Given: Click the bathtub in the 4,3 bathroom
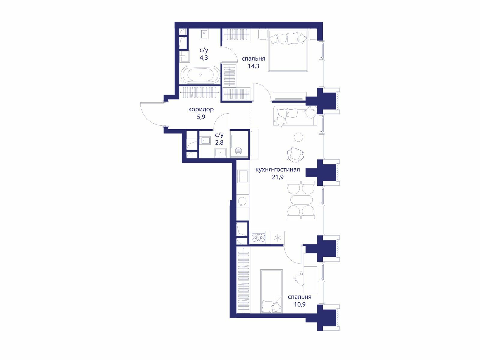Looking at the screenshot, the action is click(200, 75).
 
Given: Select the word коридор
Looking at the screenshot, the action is click(201, 109).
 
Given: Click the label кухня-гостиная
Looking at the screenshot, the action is click(277, 169).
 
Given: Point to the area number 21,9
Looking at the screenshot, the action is click(278, 177).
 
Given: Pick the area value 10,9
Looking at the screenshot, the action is click(300, 304).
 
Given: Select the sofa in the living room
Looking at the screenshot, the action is click(295, 116).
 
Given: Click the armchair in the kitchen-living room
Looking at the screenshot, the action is click(295, 155).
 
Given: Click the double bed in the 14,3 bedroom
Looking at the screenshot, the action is click(288, 51).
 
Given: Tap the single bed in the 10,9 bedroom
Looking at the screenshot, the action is click(271, 291).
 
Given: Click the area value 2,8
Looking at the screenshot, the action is click(219, 142).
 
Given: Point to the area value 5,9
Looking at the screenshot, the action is click(201, 117).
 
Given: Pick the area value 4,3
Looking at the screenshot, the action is click(204, 58).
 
